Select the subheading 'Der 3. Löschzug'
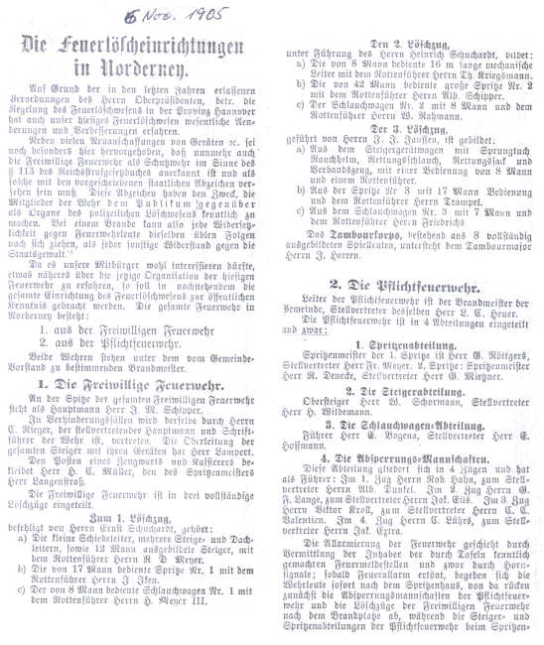(x=406, y=129)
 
